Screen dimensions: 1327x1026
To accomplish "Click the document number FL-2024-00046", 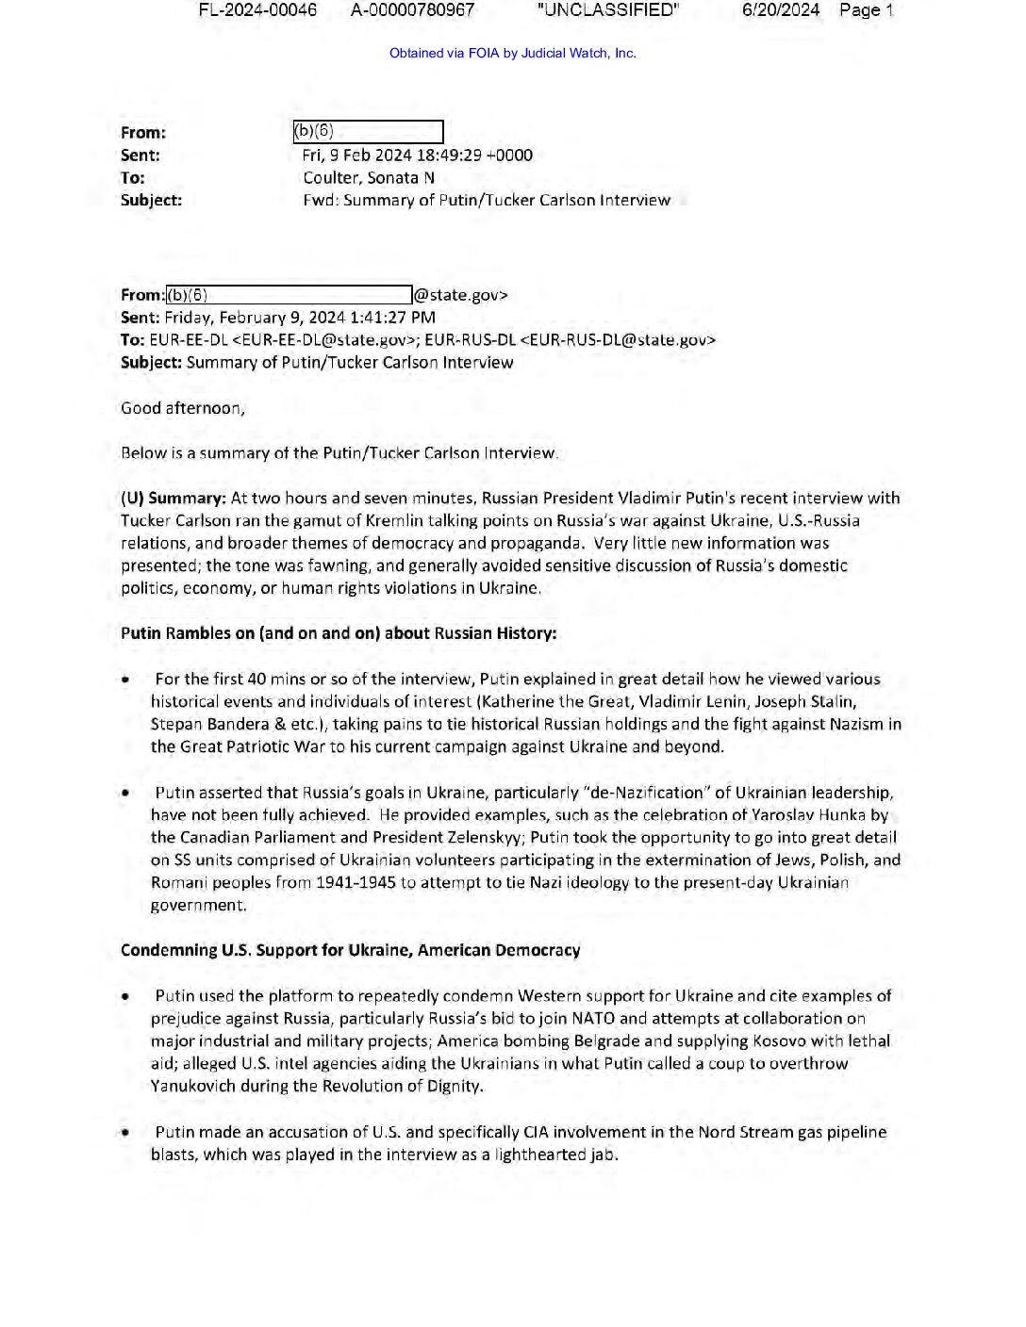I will tap(257, 10).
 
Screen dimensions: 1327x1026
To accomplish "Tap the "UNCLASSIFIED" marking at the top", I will tap(607, 10).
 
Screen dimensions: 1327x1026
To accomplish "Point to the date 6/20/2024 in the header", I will tap(780, 10).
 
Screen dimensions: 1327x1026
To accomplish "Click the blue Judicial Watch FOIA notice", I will tap(512, 53).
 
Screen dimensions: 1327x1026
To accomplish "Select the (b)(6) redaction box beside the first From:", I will tap(368, 132).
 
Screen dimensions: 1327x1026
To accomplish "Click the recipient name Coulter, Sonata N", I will tap(368, 178).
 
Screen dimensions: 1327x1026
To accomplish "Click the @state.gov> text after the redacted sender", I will tap(461, 295).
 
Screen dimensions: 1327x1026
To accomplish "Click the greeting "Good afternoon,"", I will tap(182, 408).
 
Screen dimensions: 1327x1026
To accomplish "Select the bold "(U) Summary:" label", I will tap(174, 498).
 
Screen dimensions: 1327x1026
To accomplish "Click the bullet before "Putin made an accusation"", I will tap(125, 1133).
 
